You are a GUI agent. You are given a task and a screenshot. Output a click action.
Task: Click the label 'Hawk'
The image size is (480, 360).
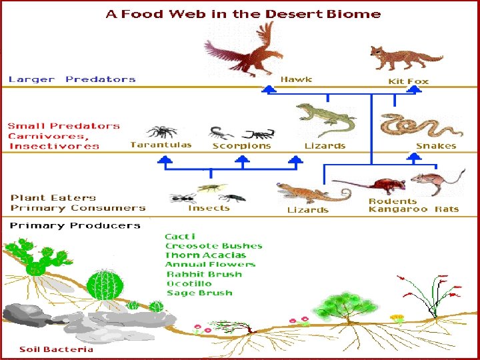pyautogui.click(x=296, y=79)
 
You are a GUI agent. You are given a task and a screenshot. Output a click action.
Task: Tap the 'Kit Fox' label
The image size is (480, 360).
pyautogui.click(x=409, y=81)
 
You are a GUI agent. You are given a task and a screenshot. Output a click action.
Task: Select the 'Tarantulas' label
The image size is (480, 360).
pyautogui.click(x=161, y=145)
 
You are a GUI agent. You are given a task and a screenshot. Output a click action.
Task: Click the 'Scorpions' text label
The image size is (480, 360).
pyautogui.click(x=241, y=145)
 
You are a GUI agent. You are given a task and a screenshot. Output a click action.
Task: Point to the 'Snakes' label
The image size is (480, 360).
pyautogui.click(x=436, y=146)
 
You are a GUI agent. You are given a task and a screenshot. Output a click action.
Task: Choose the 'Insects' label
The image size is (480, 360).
pyautogui.click(x=209, y=208)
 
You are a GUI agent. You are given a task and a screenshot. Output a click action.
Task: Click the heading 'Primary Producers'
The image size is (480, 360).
pyautogui.click(x=75, y=225)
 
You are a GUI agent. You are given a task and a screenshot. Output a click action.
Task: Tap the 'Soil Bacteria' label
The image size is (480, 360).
pyautogui.click(x=56, y=349)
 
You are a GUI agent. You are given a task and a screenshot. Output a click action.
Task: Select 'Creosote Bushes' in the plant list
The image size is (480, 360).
pyautogui.click(x=213, y=246)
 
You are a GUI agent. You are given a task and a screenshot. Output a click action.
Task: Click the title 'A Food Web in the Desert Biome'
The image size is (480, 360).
pyautogui.click(x=243, y=13)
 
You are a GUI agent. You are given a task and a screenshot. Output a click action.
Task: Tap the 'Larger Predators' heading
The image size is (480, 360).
pyautogui.click(x=72, y=79)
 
